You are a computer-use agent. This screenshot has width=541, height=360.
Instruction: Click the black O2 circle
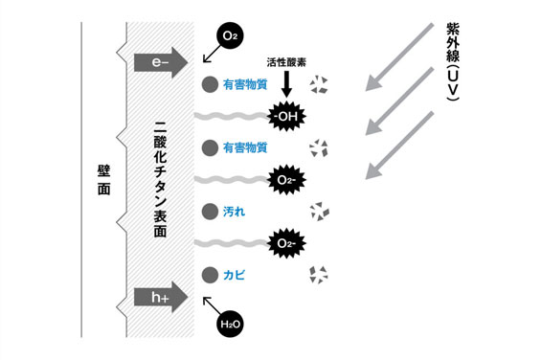pos(228,35)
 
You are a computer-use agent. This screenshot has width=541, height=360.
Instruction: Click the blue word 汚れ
pos(234,210)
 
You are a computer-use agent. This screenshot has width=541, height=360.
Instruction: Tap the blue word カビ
pos(234,275)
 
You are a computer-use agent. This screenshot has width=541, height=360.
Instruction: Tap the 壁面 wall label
pos(102,181)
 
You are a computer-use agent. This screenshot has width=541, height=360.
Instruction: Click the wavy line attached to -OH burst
pos(230,117)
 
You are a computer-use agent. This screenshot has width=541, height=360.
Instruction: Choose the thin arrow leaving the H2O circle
pos(214,306)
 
